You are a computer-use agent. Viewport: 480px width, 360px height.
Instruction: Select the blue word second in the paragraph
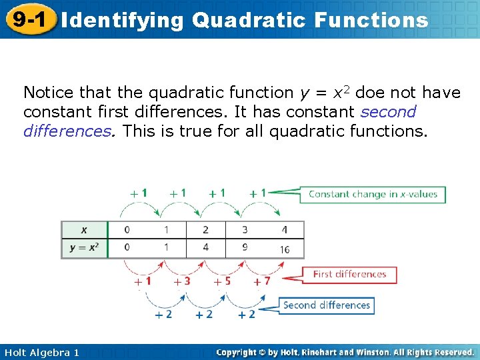[388, 111]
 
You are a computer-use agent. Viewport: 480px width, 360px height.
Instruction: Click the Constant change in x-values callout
[372, 194]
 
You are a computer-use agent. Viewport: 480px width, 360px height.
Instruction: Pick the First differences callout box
[349, 274]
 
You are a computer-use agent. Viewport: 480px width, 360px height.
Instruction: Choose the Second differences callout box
[326, 305]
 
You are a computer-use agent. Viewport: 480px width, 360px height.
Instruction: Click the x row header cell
[83, 230]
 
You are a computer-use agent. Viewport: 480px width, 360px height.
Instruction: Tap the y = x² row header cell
[83, 247]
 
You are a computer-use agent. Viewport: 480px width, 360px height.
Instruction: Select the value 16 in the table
[284, 249]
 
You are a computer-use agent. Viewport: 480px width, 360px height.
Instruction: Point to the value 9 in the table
[245, 247]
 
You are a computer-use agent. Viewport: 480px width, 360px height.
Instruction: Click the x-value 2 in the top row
[205, 230]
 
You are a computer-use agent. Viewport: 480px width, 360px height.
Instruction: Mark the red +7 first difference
[263, 281]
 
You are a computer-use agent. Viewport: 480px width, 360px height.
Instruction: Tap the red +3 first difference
[182, 281]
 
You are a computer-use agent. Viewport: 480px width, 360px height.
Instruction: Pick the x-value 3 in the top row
[245, 230]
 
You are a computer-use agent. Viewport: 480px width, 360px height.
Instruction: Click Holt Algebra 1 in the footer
[40, 352]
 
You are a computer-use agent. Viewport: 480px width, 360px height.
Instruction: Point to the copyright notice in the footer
[345, 352]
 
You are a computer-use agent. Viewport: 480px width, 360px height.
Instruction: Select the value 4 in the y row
[205, 247]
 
